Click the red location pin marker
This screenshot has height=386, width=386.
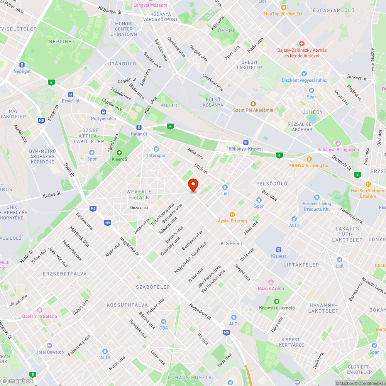tap(193, 185)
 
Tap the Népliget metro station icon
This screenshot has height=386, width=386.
tap(22, 65)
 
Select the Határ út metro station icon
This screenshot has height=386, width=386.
tap(139, 127)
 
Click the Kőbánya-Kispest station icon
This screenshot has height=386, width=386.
tap(245, 142)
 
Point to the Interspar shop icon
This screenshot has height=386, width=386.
tap(156, 149)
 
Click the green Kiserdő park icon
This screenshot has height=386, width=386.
tap(119, 152)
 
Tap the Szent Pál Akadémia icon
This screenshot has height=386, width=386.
tap(253, 103)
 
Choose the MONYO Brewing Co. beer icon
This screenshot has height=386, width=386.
tap(309, 159)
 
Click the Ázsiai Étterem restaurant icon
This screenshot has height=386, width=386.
tap(232, 215)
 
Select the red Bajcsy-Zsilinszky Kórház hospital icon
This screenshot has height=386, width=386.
tap(302, 44)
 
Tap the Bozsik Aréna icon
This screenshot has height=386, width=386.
tap(271, 282)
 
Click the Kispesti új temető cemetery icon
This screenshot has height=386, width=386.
tap(276, 301)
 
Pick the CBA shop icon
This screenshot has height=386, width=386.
tap(163, 322)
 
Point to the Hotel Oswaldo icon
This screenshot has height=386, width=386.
tap(49, 345)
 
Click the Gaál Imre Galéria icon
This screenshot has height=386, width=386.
tap(39, 310)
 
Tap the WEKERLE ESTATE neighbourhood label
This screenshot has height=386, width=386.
tap(139, 195)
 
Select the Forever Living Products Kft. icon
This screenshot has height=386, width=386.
tap(317, 197)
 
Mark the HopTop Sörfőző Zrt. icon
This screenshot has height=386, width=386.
tap(284, 7)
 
